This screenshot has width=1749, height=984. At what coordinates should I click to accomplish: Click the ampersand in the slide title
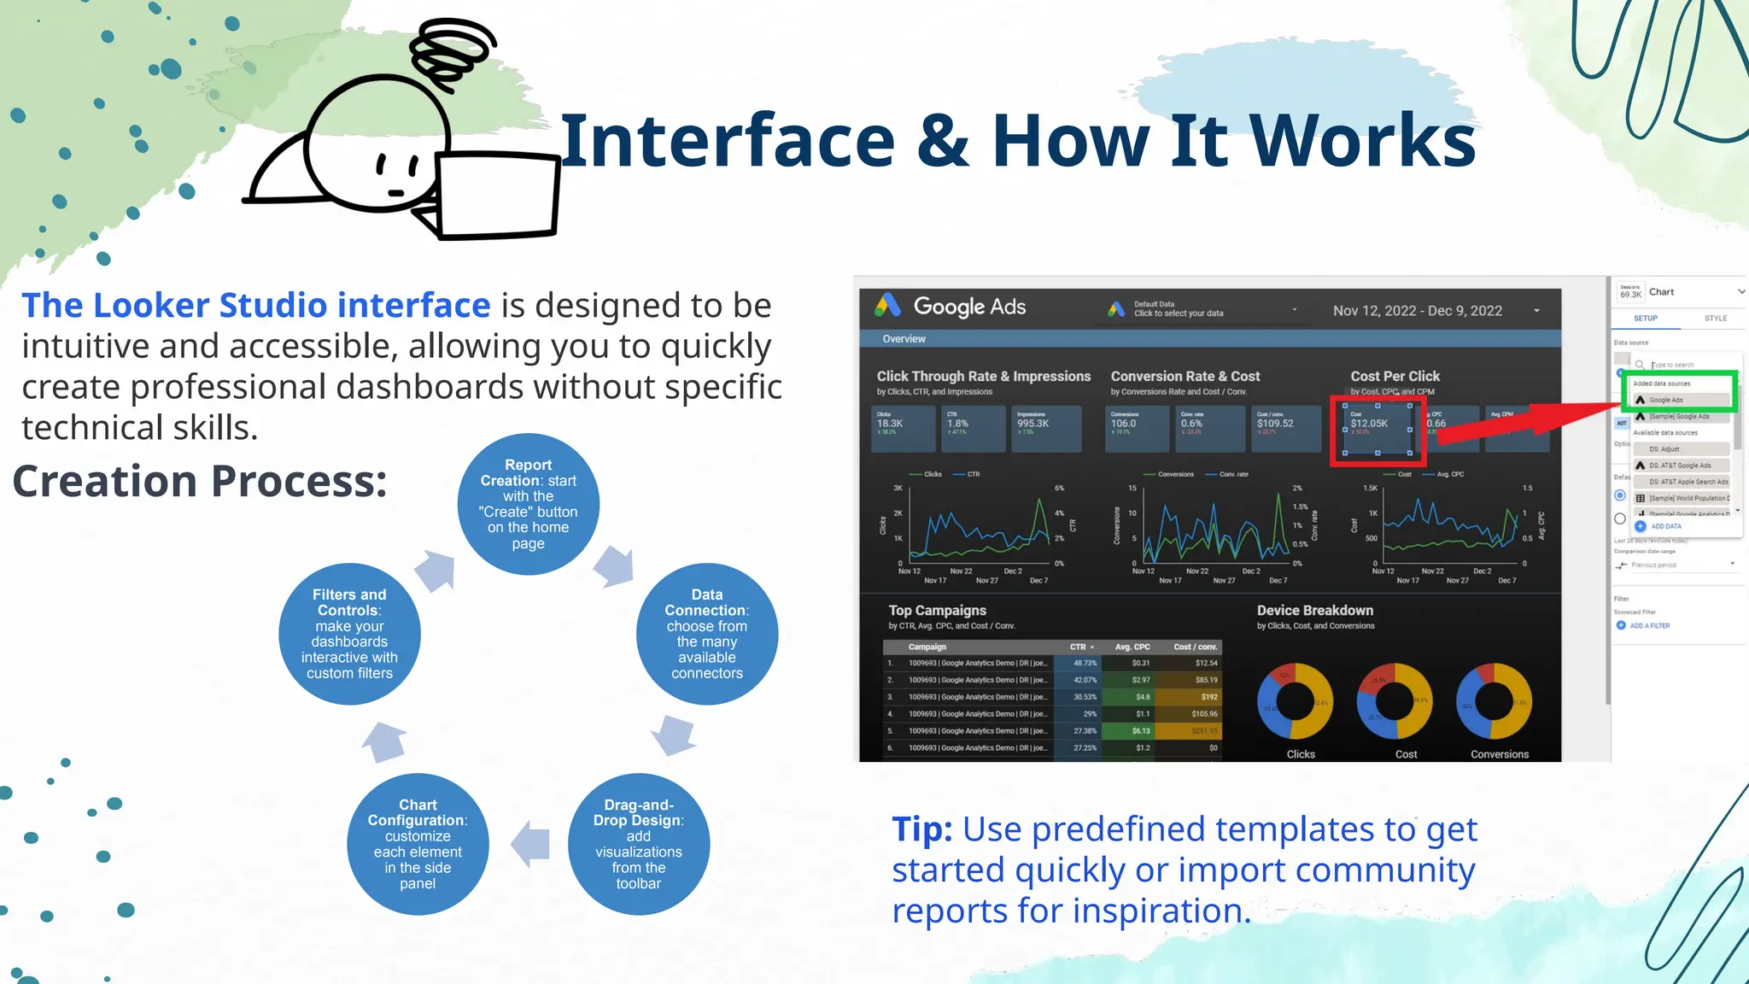(x=943, y=141)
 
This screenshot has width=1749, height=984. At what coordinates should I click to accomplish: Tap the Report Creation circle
(x=528, y=504)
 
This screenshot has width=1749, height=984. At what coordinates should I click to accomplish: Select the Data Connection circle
(x=706, y=633)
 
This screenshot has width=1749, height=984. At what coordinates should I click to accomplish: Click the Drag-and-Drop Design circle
(x=638, y=844)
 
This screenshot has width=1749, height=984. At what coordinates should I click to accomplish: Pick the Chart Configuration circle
(x=418, y=844)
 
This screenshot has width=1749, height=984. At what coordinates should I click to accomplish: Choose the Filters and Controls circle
(x=349, y=633)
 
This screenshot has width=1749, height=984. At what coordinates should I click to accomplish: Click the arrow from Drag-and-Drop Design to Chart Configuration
(x=531, y=844)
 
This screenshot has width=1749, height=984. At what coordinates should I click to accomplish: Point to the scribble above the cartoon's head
(x=453, y=51)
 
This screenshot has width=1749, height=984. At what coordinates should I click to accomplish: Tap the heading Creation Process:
(x=200, y=481)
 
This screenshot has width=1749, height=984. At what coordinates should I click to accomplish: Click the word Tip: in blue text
(x=922, y=829)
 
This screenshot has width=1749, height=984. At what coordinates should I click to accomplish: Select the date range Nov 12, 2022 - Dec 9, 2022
(x=1418, y=311)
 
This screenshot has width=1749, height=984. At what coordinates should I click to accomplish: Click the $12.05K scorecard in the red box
(x=1377, y=428)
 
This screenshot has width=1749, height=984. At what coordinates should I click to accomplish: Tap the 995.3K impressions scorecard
(x=1047, y=428)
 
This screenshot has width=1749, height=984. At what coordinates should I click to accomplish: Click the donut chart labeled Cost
(x=1395, y=701)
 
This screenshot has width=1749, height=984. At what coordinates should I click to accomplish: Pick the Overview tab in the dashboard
(x=904, y=339)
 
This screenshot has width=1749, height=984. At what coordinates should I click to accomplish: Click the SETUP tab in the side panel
(x=1645, y=319)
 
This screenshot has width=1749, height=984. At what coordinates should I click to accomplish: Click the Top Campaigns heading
(x=937, y=611)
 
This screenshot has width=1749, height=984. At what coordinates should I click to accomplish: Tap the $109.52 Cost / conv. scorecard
(x=1285, y=428)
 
